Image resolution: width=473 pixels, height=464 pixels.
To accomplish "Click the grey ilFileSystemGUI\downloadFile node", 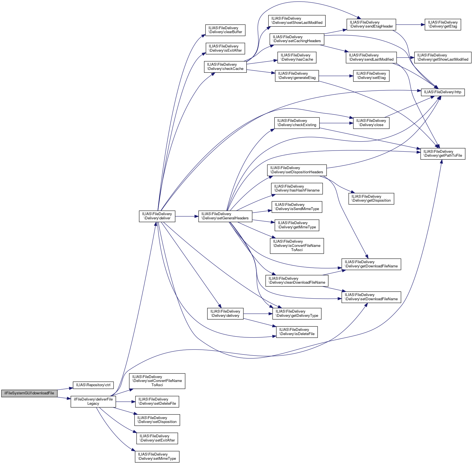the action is click(29, 393).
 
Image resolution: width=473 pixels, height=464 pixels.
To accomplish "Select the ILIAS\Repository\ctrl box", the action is click(93, 385).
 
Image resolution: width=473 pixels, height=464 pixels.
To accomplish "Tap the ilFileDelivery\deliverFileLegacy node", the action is click(93, 401).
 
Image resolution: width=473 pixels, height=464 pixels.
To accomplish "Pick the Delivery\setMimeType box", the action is click(157, 456).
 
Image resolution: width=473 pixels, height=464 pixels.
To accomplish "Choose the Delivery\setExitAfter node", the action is click(157, 438).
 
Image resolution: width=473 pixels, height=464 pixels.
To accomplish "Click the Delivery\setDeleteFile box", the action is click(157, 402).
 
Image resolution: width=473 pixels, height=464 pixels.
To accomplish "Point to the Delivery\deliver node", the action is click(157, 216).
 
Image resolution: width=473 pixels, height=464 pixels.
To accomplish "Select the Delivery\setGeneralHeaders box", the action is click(225, 216).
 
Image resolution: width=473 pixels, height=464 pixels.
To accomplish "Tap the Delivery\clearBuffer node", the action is click(225, 30).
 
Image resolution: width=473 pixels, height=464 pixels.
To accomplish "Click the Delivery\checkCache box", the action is click(225, 67).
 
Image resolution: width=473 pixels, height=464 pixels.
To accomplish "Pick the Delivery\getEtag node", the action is click(443, 24).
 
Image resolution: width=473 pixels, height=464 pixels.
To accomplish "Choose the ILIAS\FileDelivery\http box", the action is click(443, 92).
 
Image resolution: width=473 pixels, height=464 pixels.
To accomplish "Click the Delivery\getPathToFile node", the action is click(443, 154).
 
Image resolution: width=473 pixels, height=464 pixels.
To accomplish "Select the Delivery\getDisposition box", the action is click(371, 199).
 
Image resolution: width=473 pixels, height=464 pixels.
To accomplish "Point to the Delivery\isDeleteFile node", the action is click(297, 332).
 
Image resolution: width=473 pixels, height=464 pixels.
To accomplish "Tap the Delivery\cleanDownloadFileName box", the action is click(297, 281).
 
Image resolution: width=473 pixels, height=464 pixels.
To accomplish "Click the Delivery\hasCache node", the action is click(297, 57).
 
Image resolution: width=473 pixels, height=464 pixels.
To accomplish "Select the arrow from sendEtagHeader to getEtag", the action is click(410, 25).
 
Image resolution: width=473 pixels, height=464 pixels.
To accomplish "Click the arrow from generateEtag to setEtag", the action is click(336, 76).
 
